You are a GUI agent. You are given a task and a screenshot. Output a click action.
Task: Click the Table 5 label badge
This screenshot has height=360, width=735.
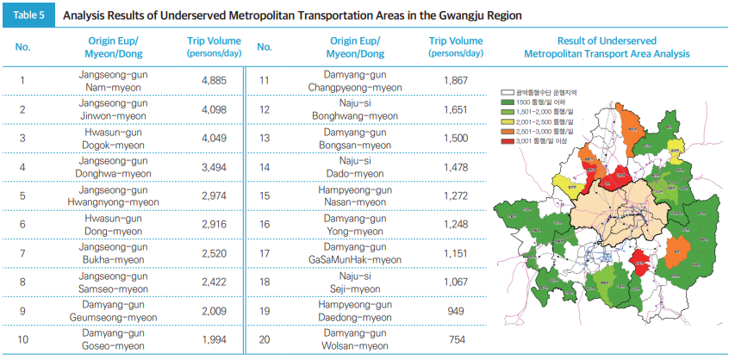pos(28,16)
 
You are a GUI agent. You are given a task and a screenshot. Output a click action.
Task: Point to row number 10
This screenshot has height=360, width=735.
pos(23,339)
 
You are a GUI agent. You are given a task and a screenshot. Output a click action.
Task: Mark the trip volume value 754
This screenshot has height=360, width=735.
pos(457,339)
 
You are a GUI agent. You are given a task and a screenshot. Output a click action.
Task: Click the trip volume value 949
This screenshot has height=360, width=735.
pos(457,310)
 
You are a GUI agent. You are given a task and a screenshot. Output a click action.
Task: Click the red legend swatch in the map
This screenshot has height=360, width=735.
pos(508,140)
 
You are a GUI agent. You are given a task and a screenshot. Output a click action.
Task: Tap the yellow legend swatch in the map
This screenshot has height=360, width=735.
pos(508,122)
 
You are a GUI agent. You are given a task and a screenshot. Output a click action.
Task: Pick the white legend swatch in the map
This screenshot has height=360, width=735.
pos(508,90)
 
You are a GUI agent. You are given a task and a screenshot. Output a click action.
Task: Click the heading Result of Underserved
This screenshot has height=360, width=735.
pos(607,40)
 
